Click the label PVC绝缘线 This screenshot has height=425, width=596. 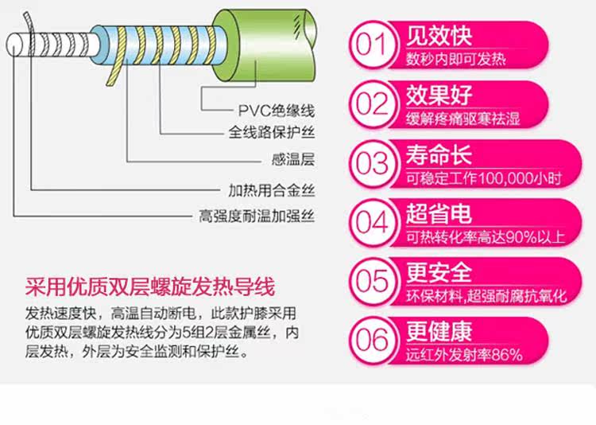point(277,111)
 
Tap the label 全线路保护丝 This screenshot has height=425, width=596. point(272,133)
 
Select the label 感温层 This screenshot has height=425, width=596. point(293,159)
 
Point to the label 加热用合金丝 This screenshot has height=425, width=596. point(272,190)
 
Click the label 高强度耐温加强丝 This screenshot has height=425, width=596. point(257,216)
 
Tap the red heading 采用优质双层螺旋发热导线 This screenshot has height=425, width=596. point(149,287)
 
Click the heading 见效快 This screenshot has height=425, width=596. point(439,36)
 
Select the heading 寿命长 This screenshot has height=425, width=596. point(439,155)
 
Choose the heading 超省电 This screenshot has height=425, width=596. point(439,213)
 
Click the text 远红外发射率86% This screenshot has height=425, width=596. point(464,355)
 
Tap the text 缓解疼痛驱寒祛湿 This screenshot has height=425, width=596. point(463,119)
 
